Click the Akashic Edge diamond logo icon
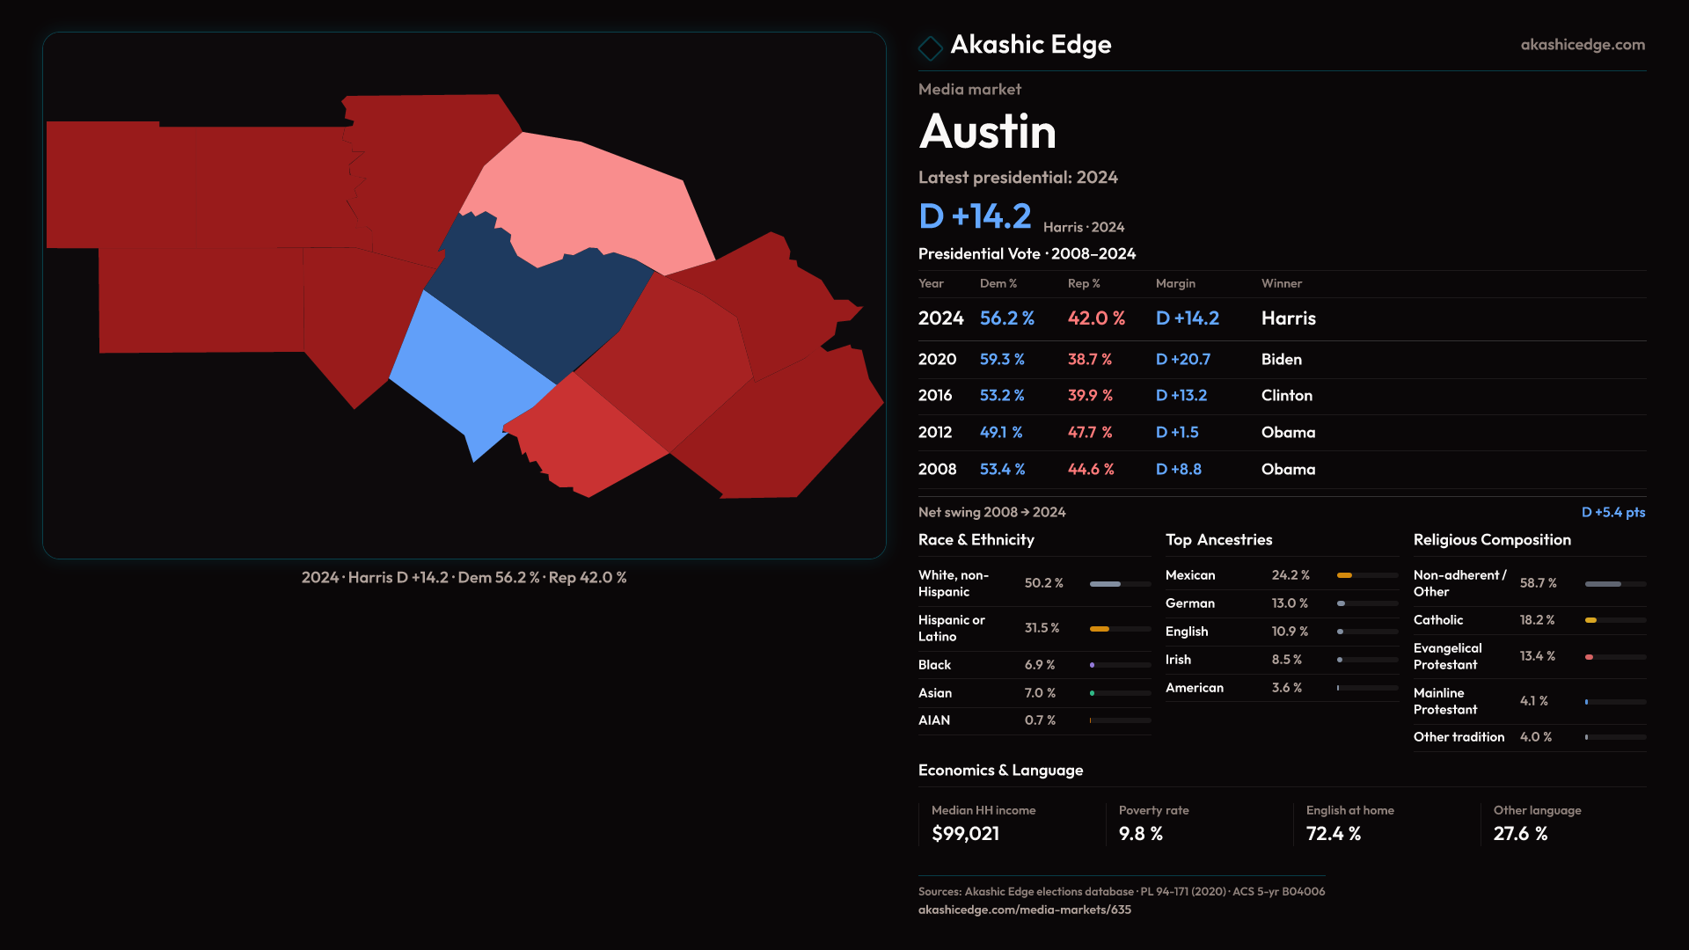pyautogui.click(x=930, y=47)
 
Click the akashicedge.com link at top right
pyautogui.click(x=1583, y=45)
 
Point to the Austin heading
pyautogui.click(x=987, y=132)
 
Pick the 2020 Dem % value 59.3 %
pyautogui.click(x=1002, y=360)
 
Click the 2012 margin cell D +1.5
pyautogui.click(x=1177, y=433)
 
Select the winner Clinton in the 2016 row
pyautogui.click(x=1286, y=396)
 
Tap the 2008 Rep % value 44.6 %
pyautogui.click(x=1091, y=470)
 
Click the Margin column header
pyautogui.click(x=1175, y=283)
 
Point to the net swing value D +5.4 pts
pyautogui.click(x=1612, y=512)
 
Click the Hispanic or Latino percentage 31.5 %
pyautogui.click(x=1042, y=628)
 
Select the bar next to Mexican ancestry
pyautogui.click(x=1367, y=575)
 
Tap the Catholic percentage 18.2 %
pyautogui.click(x=1537, y=620)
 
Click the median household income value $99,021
pyautogui.click(x=965, y=834)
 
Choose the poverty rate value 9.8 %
pyautogui.click(x=1140, y=834)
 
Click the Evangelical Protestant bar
pyautogui.click(x=1615, y=657)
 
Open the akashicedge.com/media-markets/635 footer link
pyautogui.click(x=1024, y=910)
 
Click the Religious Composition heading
pyautogui.click(x=1492, y=540)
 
